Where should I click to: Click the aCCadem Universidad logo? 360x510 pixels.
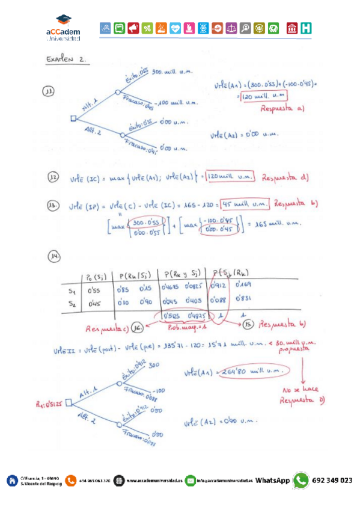[63, 28]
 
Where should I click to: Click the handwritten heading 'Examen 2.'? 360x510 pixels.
[66, 60]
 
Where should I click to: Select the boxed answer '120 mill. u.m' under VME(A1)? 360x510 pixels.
[262, 96]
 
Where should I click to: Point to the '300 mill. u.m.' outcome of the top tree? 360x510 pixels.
[172, 71]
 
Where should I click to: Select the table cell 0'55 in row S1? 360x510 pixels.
[94, 292]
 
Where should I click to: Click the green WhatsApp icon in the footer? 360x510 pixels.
[301, 480]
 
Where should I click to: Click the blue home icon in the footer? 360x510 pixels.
[11, 480]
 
